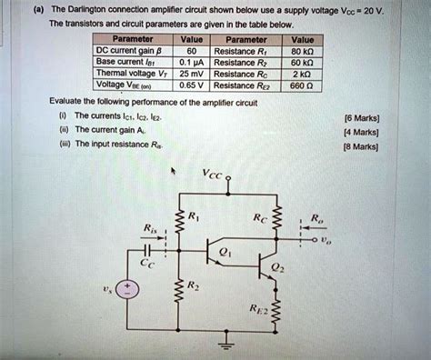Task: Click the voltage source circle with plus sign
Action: coord(130,290)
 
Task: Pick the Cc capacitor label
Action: coord(149,266)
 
